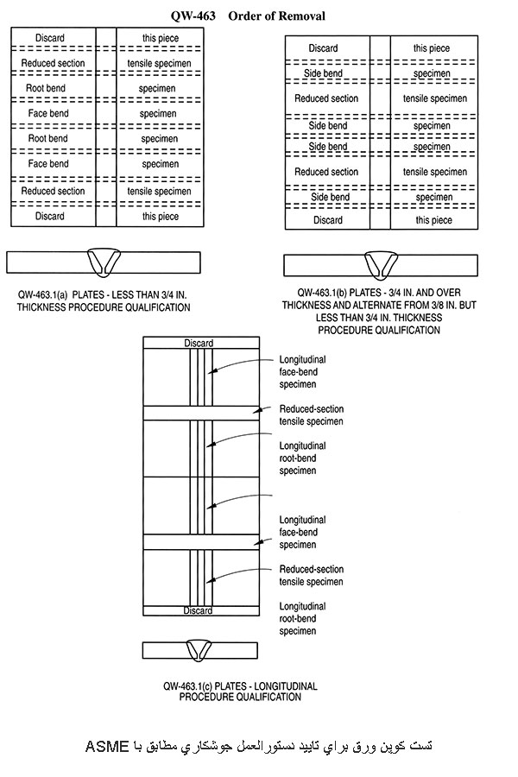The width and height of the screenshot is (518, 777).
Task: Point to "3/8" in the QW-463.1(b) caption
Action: (438, 305)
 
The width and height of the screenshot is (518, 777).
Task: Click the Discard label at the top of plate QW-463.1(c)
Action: (199, 344)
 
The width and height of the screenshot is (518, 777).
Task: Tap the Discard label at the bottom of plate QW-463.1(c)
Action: (199, 610)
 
